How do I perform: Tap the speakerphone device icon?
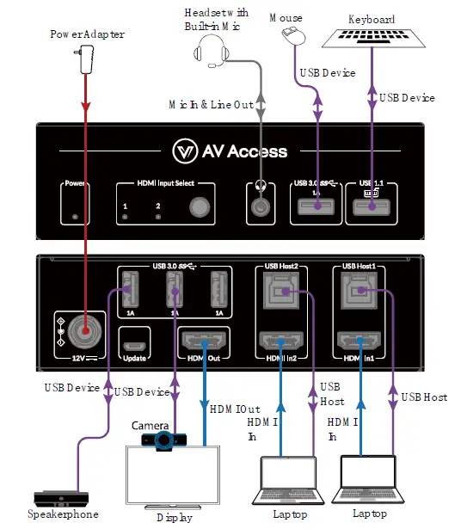tap(60, 498)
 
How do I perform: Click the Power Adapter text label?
tap(86, 34)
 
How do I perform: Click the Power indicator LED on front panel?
tap(76, 217)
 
